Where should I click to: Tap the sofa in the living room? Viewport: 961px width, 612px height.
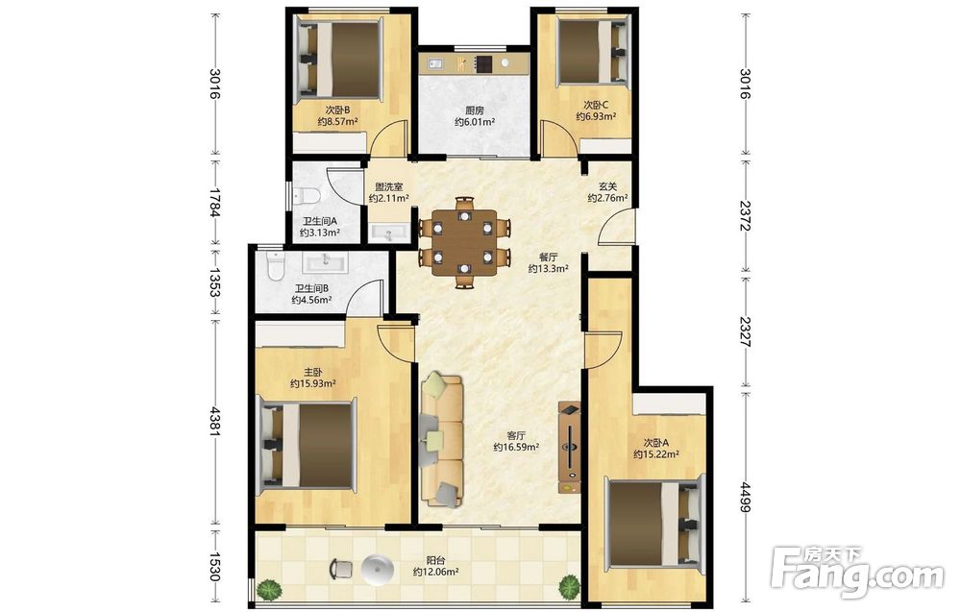coord(442,439)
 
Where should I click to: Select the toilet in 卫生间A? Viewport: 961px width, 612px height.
coord(308,195)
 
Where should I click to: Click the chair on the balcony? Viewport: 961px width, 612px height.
coord(341,569)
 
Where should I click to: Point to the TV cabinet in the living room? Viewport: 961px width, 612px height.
coord(569,447)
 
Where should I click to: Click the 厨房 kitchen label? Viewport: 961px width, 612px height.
coord(475,110)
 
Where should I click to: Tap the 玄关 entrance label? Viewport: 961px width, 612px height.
coord(607,186)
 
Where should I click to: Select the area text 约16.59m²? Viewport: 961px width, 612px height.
coord(516,448)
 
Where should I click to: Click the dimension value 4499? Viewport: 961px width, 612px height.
coord(746,497)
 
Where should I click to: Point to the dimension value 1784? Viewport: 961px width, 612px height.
coord(214,202)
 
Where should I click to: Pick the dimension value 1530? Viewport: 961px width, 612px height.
coord(214,567)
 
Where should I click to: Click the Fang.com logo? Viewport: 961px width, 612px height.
coord(858,574)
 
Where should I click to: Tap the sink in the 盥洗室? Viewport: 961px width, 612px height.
coord(388,233)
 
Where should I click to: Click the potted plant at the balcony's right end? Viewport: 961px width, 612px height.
coord(569,587)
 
